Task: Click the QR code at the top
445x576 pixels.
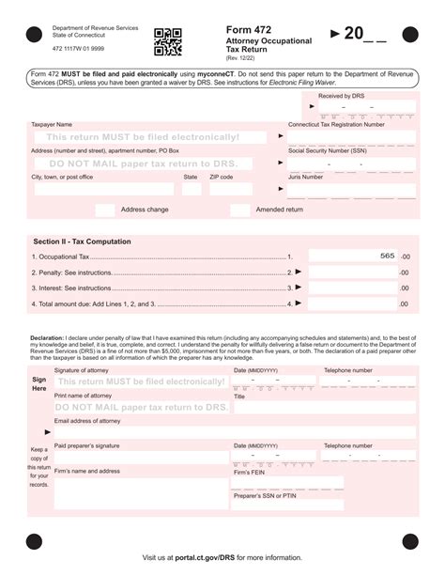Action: (167, 42)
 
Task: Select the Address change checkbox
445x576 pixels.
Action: (105, 210)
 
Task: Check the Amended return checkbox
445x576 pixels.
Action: (240, 210)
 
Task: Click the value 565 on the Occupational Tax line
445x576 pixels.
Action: (387, 256)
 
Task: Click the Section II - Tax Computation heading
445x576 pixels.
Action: (82, 241)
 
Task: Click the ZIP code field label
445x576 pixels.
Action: (221, 177)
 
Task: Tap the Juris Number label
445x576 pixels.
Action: (307, 177)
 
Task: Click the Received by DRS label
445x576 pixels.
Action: (342, 97)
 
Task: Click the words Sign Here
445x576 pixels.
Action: (38, 383)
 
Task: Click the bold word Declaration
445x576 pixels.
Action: (47, 336)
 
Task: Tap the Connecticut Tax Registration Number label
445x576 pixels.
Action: (336, 124)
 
